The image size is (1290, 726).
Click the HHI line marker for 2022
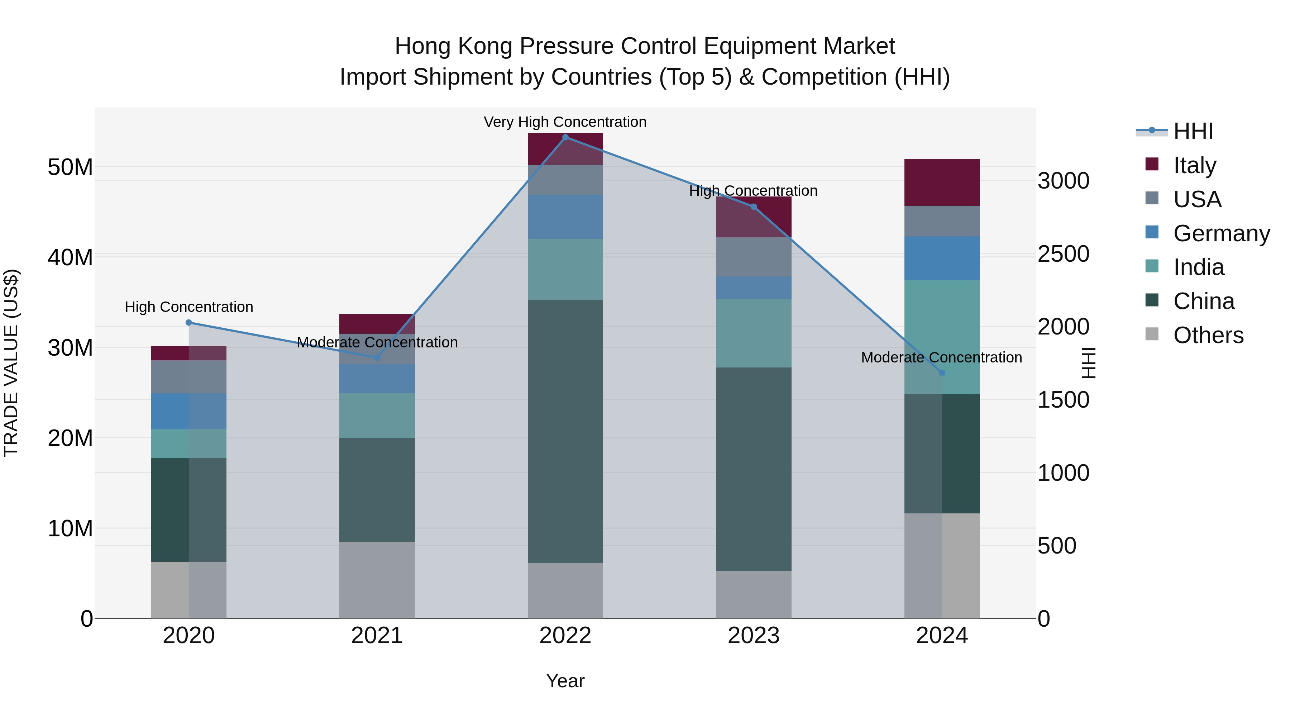click(x=565, y=137)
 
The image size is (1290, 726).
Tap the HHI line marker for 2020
click(x=189, y=323)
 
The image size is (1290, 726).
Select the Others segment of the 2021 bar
click(x=377, y=580)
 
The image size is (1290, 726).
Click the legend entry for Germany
click(x=1221, y=233)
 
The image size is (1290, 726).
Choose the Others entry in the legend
click(x=1208, y=335)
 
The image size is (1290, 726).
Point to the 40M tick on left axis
click(x=70, y=257)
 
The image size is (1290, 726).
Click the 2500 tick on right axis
click(x=1063, y=254)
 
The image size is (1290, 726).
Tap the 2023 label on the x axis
click(x=753, y=636)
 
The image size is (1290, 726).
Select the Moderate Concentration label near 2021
click(x=377, y=342)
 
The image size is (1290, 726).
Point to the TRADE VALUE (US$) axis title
click(x=11, y=363)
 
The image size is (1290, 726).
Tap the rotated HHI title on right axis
click(x=1088, y=363)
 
